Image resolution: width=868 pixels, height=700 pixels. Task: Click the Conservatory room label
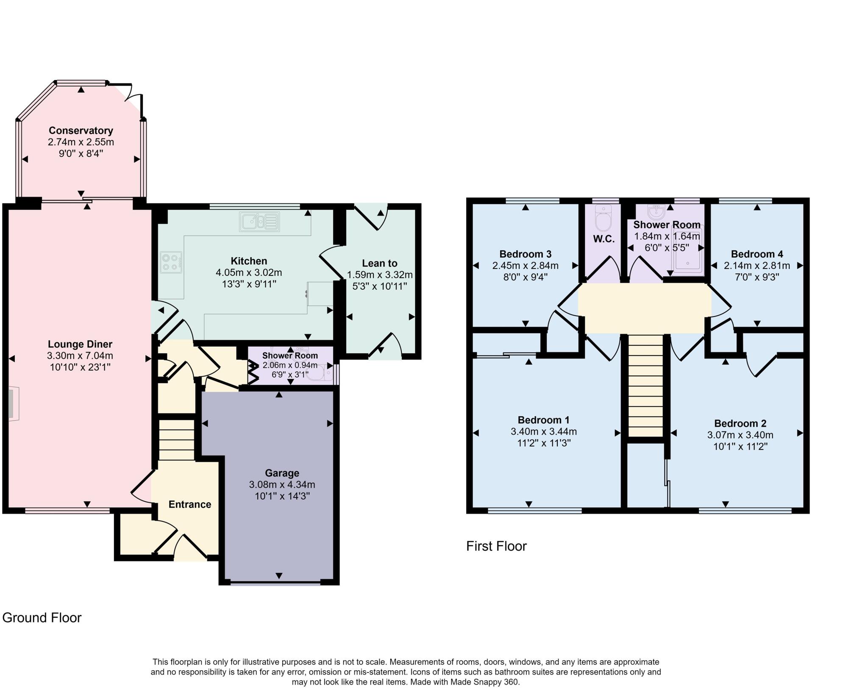click(x=81, y=131)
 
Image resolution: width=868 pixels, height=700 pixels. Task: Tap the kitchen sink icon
click(x=260, y=222)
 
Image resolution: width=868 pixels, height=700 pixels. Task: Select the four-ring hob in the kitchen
click(x=171, y=262)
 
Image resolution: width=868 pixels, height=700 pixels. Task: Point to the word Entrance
click(x=189, y=504)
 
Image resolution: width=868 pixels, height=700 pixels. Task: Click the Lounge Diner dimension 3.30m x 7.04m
click(x=80, y=356)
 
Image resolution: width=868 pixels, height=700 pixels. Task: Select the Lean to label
click(x=379, y=263)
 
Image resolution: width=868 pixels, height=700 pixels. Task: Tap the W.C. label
click(x=604, y=239)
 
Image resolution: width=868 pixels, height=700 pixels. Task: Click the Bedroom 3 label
click(x=525, y=254)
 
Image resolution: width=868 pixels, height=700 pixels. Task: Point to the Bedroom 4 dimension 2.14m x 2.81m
click(x=757, y=266)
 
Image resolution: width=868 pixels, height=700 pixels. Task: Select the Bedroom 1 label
click(x=543, y=420)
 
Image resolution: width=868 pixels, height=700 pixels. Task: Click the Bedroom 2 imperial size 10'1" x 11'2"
click(x=740, y=446)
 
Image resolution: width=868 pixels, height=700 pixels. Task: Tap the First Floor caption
click(x=496, y=546)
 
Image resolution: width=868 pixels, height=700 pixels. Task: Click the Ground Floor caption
click(x=42, y=618)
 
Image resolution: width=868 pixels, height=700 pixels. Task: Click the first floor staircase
click(x=645, y=386)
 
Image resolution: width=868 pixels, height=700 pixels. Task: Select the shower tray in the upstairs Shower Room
click(x=687, y=253)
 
